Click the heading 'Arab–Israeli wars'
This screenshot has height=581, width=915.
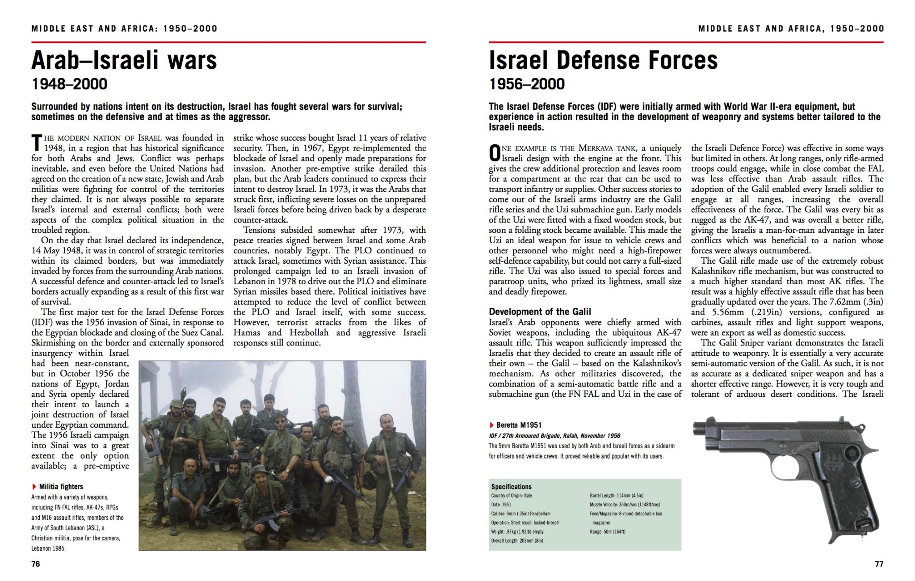point(124,60)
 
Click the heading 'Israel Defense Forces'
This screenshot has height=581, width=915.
point(603,60)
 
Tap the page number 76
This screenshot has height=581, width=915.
point(36,564)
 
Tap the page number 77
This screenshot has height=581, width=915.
point(879,564)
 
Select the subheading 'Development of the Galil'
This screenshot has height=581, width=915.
point(540,312)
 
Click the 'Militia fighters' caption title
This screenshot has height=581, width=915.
point(61,487)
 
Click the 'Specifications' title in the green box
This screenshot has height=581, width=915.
point(511,487)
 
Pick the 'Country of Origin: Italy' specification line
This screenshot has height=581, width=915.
point(512,496)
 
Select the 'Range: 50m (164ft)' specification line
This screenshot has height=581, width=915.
point(608,532)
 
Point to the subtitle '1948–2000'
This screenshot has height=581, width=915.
point(69,84)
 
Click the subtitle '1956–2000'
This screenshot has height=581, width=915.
point(527,84)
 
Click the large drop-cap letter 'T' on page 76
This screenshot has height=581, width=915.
point(37,143)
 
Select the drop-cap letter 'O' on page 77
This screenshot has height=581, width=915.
point(494,153)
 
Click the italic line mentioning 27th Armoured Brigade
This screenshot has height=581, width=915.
point(554,436)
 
